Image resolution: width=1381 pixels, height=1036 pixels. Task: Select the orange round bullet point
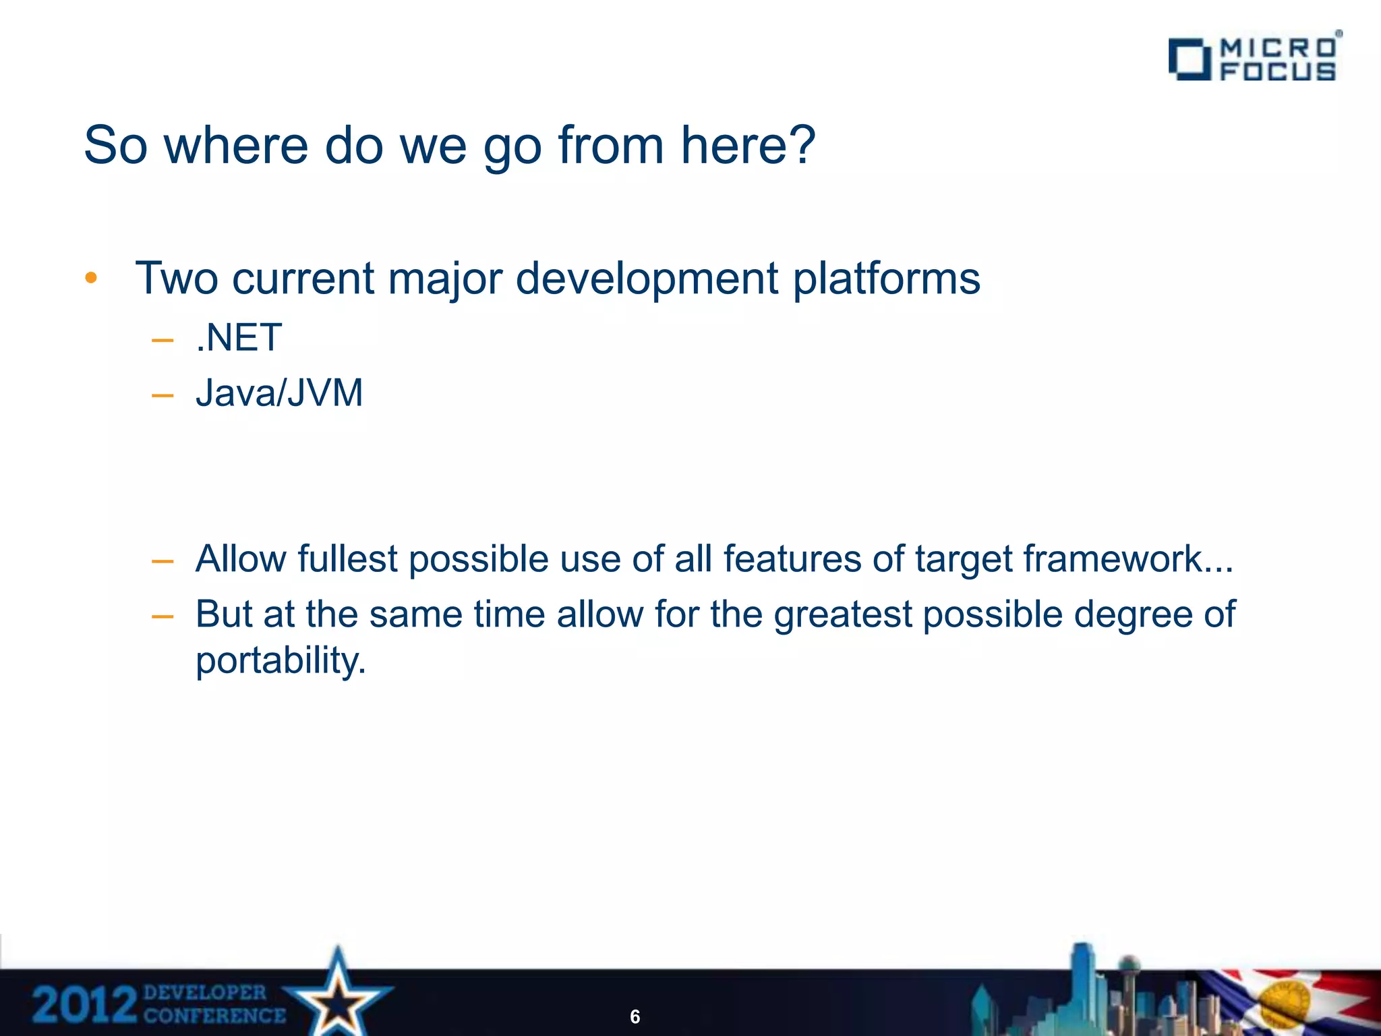pyautogui.click(x=92, y=278)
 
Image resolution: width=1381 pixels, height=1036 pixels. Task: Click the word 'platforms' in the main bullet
pyautogui.click(x=886, y=279)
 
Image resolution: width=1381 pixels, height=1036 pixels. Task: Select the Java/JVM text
pyautogui.click(x=279, y=393)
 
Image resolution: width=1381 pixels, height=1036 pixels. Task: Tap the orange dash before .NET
pyautogui.click(x=163, y=340)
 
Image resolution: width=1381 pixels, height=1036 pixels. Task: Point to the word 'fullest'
pyautogui.click(x=347, y=559)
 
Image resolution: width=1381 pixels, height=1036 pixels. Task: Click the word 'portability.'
pyautogui.click(x=281, y=660)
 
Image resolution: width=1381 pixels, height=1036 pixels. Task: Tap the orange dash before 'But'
pyautogui.click(x=163, y=616)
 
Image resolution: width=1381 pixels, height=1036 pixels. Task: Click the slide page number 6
pyautogui.click(x=635, y=1016)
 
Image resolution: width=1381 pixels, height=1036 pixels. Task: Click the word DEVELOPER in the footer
pyautogui.click(x=205, y=992)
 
